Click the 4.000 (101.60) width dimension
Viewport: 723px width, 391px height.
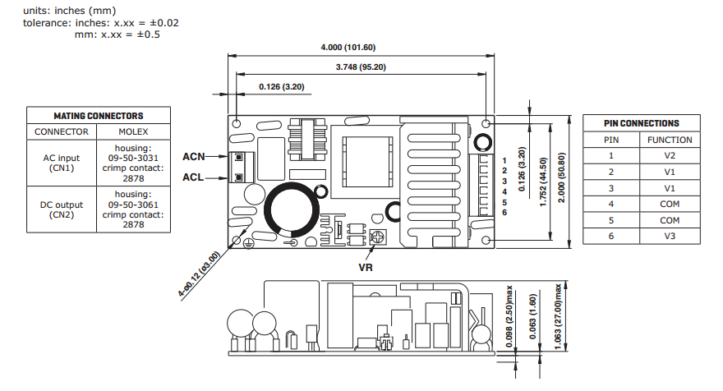(348, 48)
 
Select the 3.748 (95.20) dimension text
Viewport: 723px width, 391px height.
(361, 67)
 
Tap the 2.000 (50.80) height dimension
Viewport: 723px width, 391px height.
(561, 177)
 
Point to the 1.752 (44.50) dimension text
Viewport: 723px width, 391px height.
(543, 182)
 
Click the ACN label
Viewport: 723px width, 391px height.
(194, 157)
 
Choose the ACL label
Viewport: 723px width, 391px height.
(193, 177)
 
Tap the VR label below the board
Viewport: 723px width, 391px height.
(366, 268)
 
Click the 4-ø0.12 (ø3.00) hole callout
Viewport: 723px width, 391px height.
(199, 274)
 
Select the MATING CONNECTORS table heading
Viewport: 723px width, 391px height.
(99, 116)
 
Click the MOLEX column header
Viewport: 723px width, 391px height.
(133, 132)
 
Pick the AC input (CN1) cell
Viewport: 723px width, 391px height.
(62, 163)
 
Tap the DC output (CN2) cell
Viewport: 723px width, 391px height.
(62, 209)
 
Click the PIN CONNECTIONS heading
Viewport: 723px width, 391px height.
(642, 123)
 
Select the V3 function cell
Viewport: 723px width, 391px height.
(670, 236)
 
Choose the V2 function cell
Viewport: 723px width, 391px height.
(670, 156)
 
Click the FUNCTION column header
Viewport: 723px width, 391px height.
(670, 140)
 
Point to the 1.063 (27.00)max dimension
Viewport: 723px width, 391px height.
(559, 316)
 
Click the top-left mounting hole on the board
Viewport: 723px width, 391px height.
(237, 123)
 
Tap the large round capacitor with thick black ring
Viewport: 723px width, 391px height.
(292, 209)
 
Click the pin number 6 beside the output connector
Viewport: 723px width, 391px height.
(504, 213)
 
